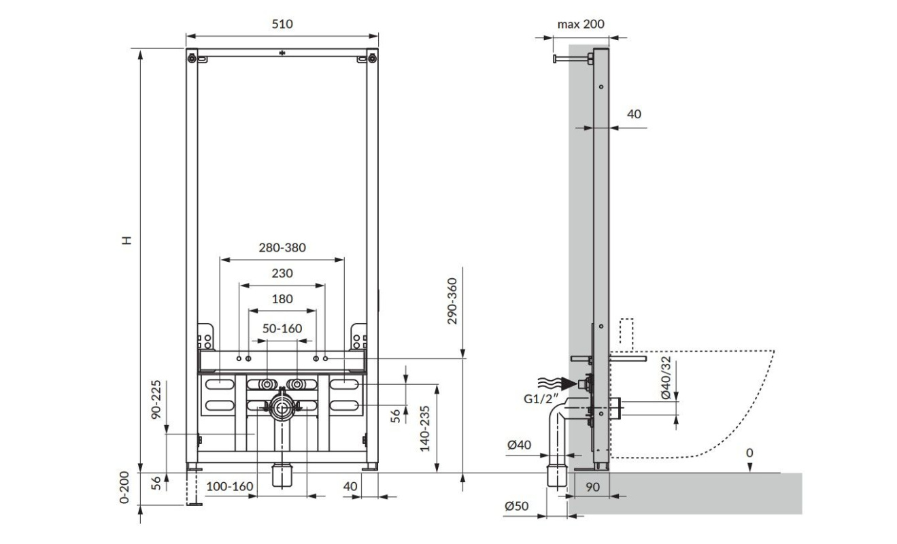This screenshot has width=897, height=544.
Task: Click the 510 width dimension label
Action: point(282,24)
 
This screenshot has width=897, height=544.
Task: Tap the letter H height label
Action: point(127,240)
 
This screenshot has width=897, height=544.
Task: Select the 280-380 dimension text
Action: point(282,248)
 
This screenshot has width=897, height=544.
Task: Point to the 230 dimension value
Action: point(282,273)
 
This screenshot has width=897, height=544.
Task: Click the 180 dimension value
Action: point(282,299)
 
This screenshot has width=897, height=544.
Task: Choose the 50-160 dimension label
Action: point(282,328)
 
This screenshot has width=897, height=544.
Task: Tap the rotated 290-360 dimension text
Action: point(452,301)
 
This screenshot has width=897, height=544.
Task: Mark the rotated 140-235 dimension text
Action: point(425,428)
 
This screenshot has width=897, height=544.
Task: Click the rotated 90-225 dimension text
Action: point(156,399)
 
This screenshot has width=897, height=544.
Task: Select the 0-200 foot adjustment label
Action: point(124,487)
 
